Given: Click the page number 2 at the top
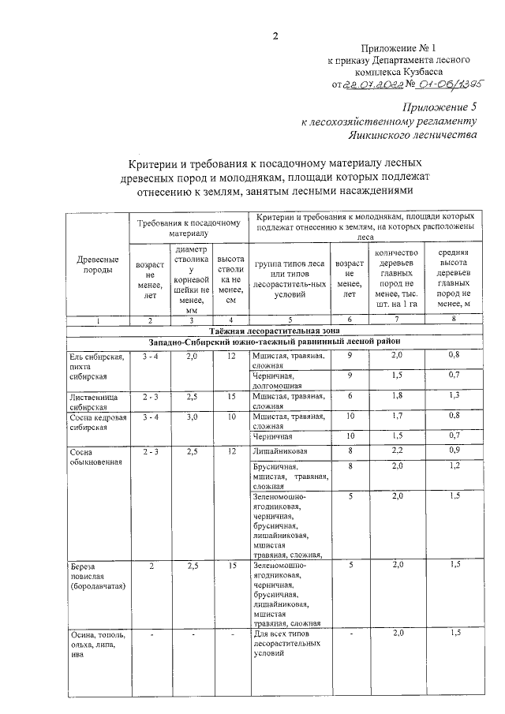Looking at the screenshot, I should (x=275, y=35).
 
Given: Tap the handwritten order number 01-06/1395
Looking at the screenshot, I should (x=451, y=83).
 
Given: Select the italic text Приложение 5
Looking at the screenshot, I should (x=440, y=107).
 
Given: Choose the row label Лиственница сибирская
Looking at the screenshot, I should (x=92, y=401).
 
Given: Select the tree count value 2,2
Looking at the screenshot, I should (x=396, y=450).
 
